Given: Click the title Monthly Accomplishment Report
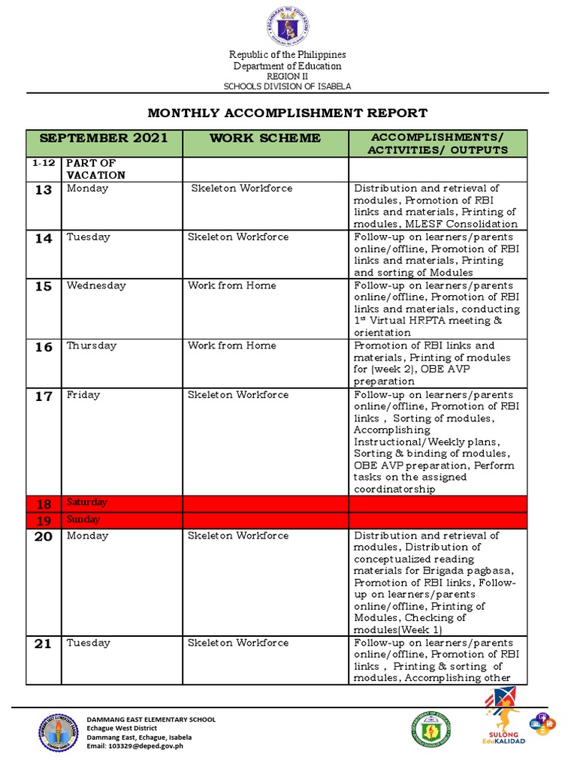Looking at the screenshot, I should coord(288,113).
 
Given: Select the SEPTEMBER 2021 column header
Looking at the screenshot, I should coord(104,138).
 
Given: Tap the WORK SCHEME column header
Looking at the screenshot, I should coord(265,138).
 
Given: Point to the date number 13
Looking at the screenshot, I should coord(44,191).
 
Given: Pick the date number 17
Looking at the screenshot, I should coord(44,397).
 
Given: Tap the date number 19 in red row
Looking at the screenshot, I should coord(44,520).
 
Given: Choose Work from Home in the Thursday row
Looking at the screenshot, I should coord(231,345).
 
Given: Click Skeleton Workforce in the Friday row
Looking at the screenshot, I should coord(237,395).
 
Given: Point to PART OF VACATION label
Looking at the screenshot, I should coord(95,169).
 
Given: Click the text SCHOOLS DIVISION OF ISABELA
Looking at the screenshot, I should coord(288,86).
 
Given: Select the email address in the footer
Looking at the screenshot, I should coord(134,746).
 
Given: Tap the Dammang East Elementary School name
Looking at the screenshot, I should coord(151,719).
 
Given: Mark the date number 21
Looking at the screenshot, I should coord(44,644).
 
